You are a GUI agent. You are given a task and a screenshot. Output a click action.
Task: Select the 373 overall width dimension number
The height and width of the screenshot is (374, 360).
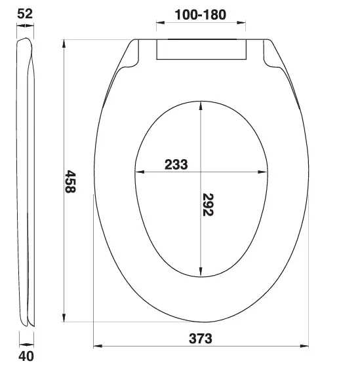(x=201, y=339)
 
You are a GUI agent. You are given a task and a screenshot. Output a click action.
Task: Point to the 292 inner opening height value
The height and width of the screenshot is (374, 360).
(x=209, y=204)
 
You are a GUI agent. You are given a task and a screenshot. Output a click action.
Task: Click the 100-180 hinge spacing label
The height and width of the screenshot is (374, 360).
(x=201, y=14)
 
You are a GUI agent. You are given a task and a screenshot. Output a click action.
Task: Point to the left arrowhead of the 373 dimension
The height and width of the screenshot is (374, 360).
(x=98, y=346)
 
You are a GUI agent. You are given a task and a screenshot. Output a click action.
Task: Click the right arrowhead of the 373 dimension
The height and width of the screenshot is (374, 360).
(x=305, y=346)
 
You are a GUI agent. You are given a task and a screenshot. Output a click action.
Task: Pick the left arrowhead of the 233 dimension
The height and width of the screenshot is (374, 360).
(x=138, y=172)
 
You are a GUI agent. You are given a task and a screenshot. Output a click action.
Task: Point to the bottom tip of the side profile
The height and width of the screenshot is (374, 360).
(x=26, y=324)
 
